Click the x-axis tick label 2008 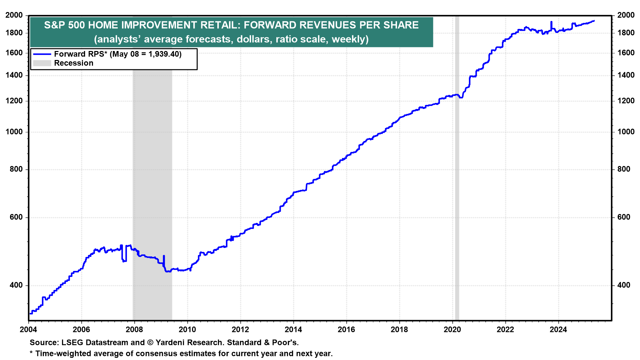(134, 330)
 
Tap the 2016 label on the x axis (346, 330)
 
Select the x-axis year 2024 (558, 330)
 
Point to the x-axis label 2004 (29, 330)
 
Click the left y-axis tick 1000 (14, 132)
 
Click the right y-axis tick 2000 (626, 15)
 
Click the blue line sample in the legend (42, 54)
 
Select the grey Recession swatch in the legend (42, 63)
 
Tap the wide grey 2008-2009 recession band (152, 167)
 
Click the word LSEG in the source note (72, 343)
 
